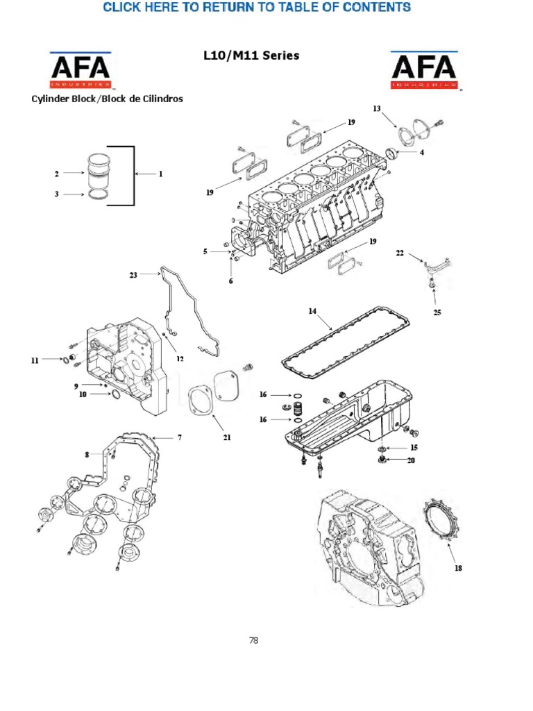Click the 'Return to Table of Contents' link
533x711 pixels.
(257, 8)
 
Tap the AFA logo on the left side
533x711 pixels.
(79, 70)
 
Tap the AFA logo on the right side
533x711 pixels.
(424, 70)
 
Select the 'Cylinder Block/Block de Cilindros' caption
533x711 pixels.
(107, 99)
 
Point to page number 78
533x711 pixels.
(253, 640)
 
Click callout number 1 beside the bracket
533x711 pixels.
(160, 174)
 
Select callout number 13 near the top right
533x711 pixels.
(377, 108)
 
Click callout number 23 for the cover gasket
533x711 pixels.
(133, 274)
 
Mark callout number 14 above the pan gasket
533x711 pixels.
(312, 312)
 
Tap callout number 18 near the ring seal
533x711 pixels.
(458, 568)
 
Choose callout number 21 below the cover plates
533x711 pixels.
(226, 437)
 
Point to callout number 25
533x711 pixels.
(437, 312)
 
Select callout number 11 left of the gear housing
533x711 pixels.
(35, 360)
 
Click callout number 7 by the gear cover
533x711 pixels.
(179, 437)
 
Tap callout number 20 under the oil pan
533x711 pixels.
(411, 460)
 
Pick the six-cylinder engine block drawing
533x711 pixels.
(312, 208)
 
